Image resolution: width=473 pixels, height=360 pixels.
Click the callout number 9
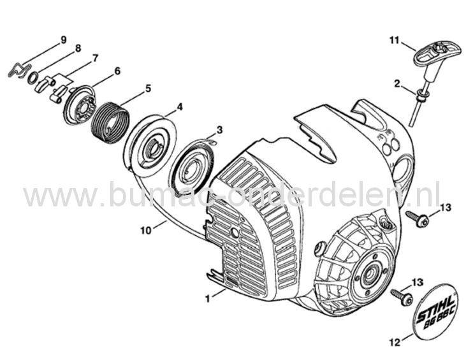click(63, 40)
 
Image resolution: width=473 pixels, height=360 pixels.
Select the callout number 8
click(78, 48)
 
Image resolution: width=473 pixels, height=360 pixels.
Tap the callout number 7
click(95, 58)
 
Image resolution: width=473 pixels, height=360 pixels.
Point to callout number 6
click(117, 71)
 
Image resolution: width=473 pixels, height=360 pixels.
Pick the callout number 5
click(148, 89)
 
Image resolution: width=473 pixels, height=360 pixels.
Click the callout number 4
click(180, 106)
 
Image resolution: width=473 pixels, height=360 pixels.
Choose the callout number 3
click(219, 129)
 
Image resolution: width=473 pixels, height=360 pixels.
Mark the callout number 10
click(146, 231)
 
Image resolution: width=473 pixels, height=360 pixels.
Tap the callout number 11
click(394, 40)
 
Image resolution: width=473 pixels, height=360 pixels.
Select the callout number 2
click(397, 83)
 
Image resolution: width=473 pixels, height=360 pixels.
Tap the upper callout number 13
click(445, 206)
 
